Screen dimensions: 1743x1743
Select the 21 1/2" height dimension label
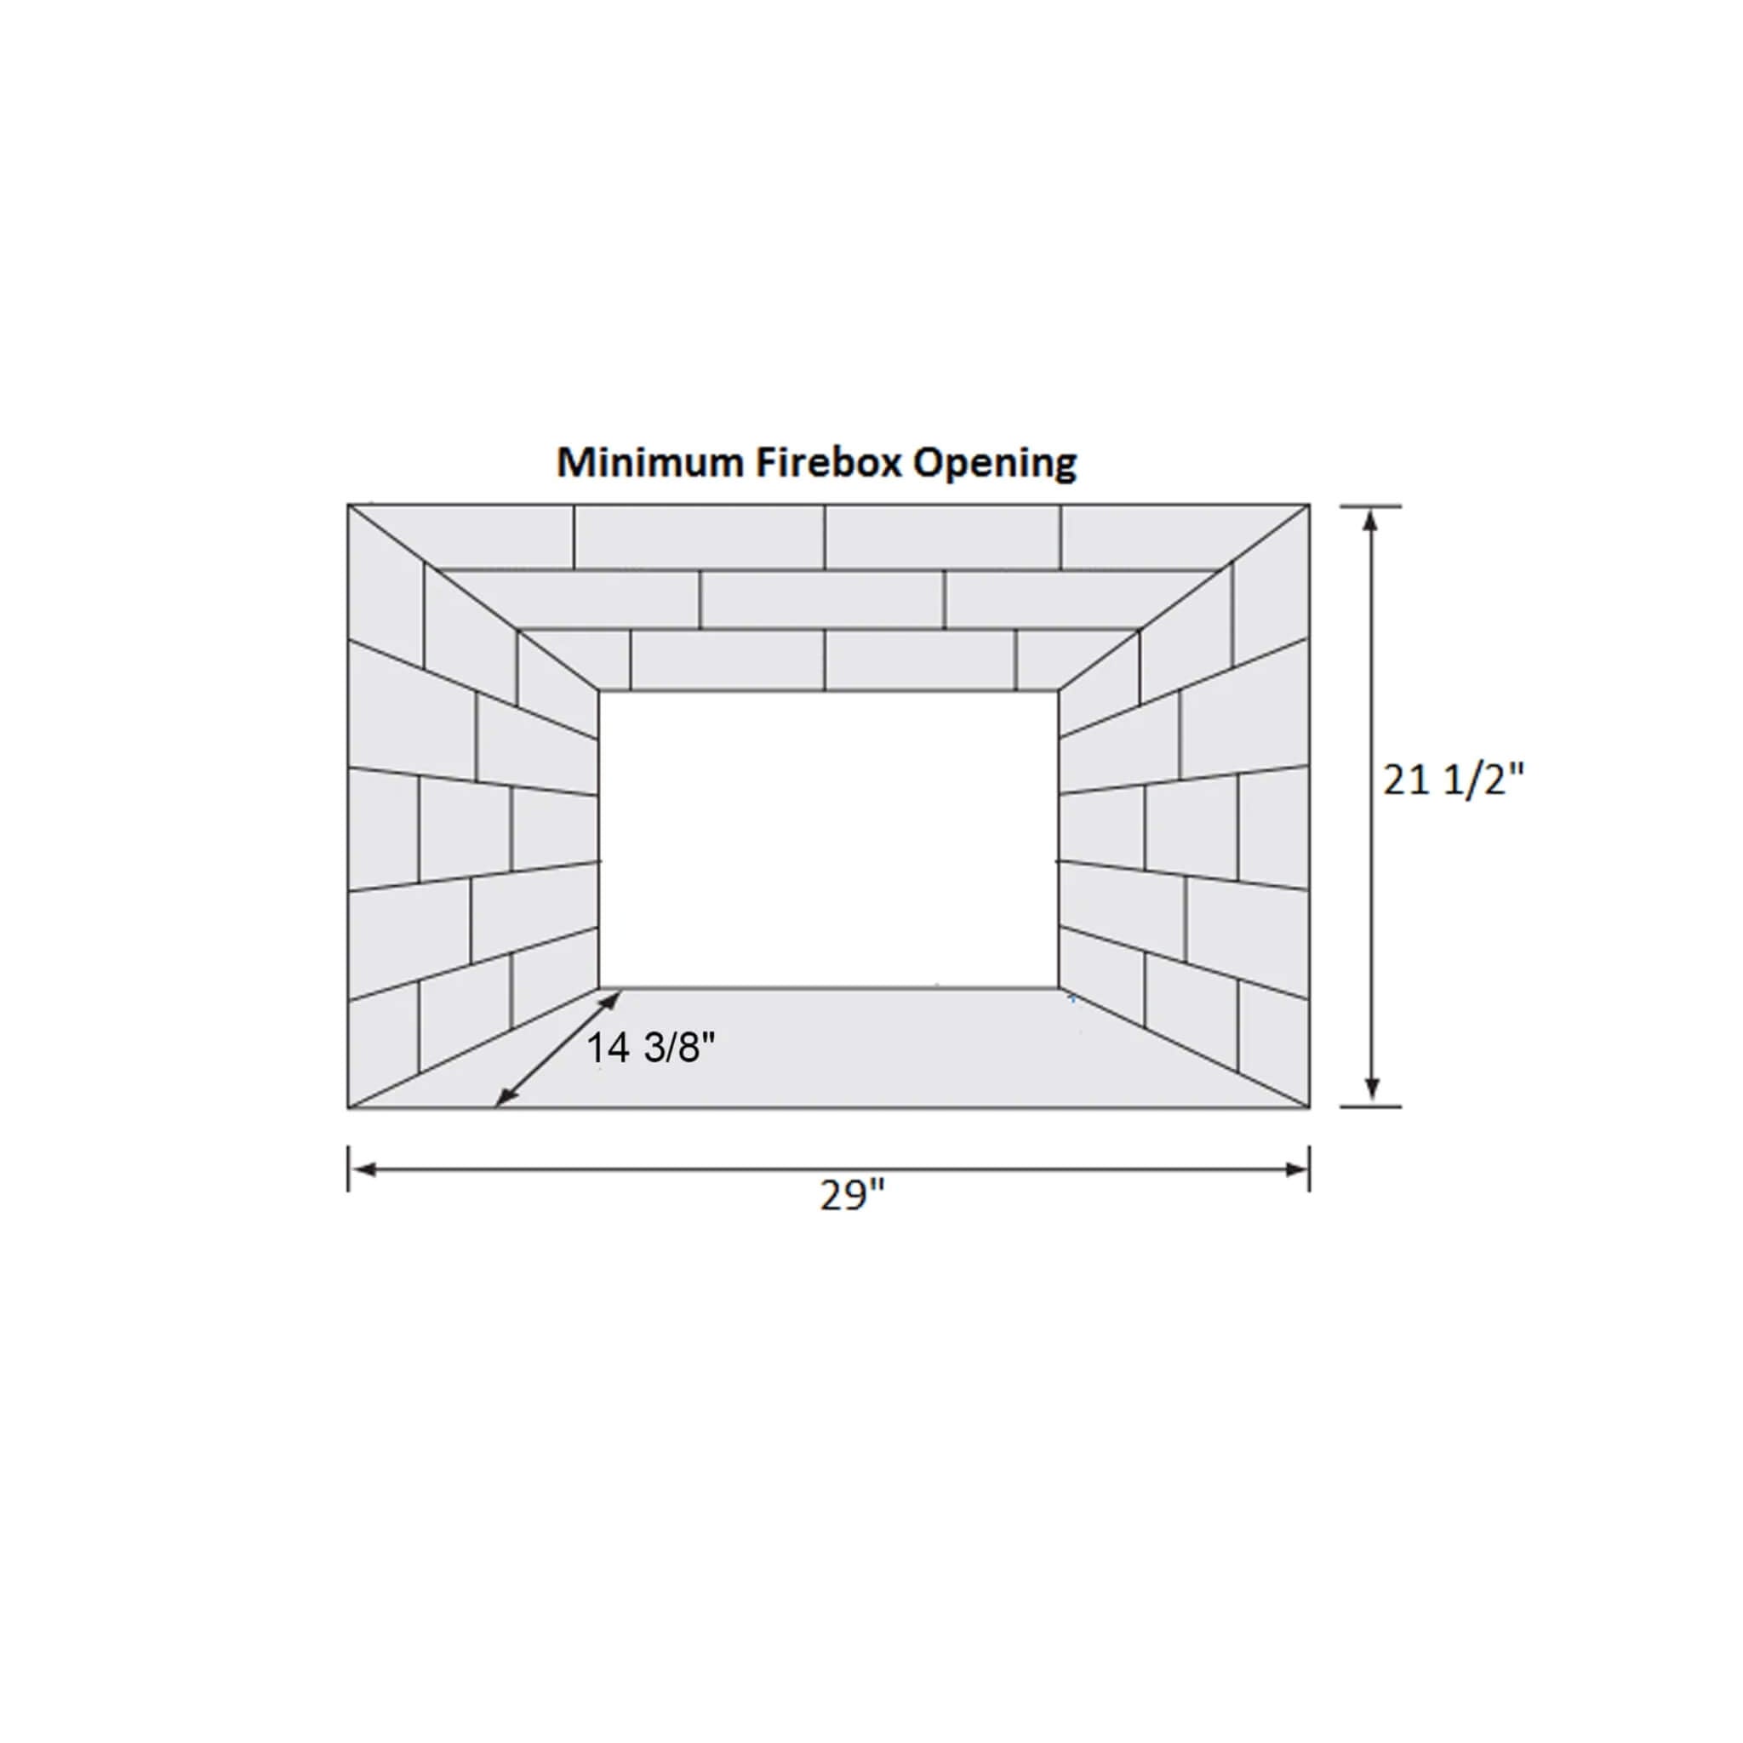click(1453, 780)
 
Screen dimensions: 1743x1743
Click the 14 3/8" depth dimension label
click(651, 1049)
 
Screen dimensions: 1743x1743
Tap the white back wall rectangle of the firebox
click(828, 839)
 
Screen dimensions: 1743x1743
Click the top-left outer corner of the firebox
click(349, 506)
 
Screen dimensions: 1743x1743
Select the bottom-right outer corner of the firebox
click(1309, 1107)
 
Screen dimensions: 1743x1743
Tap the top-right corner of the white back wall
click(1058, 691)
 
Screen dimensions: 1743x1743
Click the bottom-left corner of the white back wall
click(599, 988)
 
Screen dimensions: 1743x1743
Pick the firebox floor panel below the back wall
click(828, 1047)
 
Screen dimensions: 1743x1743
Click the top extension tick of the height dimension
click(1371, 506)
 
